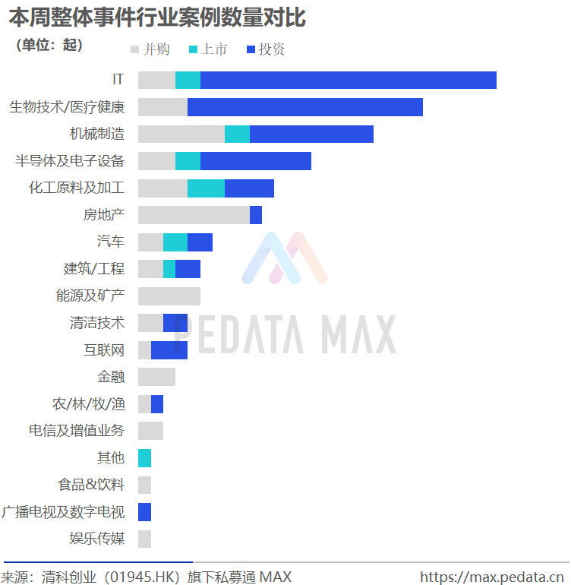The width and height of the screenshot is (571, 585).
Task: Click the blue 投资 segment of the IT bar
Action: tap(348, 80)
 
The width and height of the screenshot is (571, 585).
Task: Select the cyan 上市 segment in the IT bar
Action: tap(188, 80)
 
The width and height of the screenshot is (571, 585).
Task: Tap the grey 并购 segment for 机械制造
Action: tap(181, 134)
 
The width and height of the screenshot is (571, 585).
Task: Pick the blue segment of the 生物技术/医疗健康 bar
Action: tap(304, 107)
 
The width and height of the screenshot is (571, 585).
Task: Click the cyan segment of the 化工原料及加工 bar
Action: tap(206, 188)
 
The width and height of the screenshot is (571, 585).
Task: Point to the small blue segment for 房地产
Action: tap(256, 215)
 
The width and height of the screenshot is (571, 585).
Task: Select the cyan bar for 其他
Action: tap(144, 458)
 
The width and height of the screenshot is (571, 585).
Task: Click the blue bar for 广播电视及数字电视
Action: tap(144, 512)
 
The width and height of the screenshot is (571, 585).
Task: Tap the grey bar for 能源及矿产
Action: tap(169, 296)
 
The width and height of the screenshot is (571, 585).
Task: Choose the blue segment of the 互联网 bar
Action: tap(169, 349)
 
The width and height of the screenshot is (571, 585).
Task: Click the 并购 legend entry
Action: tap(150, 49)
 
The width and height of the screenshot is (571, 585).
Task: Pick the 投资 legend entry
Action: tap(266, 49)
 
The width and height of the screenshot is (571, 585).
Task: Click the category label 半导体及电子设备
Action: tap(70, 161)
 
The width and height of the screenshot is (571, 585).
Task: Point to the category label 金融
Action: tap(111, 377)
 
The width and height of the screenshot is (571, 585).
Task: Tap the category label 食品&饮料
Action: tap(91, 485)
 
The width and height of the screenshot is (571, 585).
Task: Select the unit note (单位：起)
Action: tap(49, 45)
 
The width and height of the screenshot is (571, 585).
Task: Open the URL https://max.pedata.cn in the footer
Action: tap(493, 577)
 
